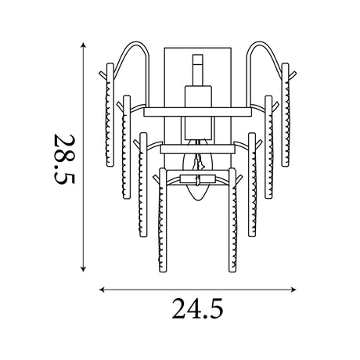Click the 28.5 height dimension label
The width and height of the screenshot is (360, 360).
64,159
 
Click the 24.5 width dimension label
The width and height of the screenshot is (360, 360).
197,309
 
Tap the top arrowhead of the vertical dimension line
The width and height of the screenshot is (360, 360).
83,45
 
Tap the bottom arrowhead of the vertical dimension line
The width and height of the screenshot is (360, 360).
83,268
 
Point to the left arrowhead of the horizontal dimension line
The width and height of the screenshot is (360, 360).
103,290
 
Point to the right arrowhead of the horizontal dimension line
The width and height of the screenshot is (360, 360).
293,290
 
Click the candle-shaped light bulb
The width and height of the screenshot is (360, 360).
199,171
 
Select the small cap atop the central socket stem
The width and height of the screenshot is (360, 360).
198,59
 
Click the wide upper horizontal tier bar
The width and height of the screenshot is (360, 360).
197,112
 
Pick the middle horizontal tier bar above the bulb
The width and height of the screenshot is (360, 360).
197,149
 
